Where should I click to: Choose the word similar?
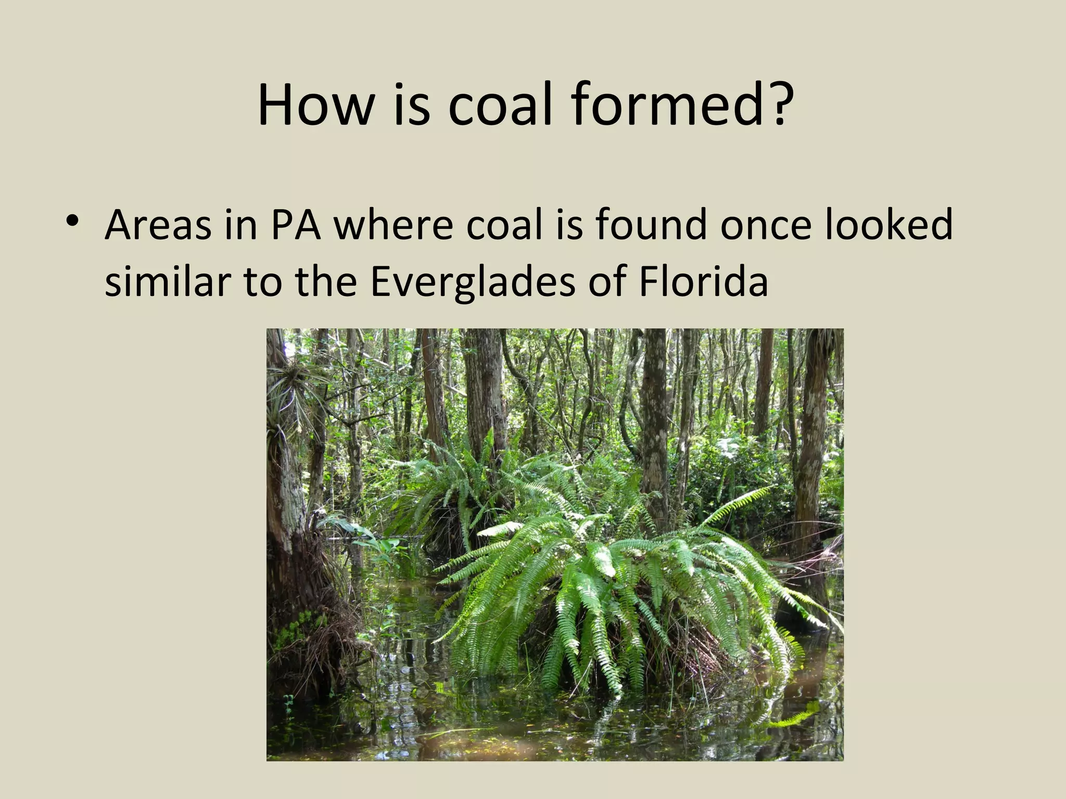(168, 281)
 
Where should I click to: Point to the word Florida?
(703, 281)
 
